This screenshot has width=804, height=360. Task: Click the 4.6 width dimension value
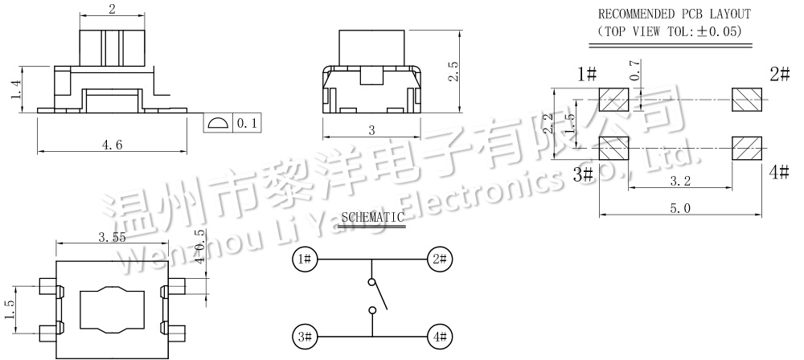(112, 145)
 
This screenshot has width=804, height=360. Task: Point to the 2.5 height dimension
(453, 71)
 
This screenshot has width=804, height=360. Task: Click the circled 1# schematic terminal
(305, 259)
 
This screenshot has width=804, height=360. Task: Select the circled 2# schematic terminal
(438, 259)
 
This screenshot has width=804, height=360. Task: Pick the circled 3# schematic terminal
(305, 337)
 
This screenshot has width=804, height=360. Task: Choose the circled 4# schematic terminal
(438, 337)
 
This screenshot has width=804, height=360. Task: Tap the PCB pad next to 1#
(614, 100)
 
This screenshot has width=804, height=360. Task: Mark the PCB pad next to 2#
(745, 100)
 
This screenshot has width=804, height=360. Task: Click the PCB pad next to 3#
(614, 149)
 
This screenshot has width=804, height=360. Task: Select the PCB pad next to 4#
(745, 149)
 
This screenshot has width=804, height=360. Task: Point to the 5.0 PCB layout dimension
(680, 208)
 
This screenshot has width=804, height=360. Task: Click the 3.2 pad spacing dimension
(680, 182)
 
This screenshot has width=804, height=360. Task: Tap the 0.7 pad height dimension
(636, 71)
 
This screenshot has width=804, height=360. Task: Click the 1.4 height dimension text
(15, 89)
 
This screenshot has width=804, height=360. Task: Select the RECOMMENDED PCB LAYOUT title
(674, 14)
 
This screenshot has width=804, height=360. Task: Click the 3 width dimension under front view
(371, 130)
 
